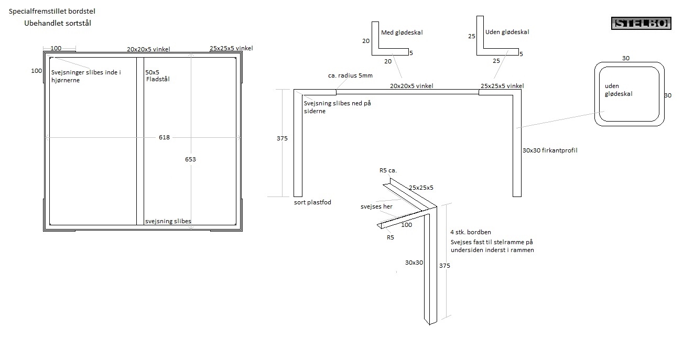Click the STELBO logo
coord(641,24)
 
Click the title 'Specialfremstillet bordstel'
coord(52,11)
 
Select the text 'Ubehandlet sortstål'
coord(58,23)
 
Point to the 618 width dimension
coord(164,137)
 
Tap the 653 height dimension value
coord(190,159)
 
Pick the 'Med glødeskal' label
coord(402,32)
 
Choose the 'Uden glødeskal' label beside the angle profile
coord(507,32)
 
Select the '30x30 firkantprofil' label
coord(550,150)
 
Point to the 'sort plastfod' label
coord(312,202)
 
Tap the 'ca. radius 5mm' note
coord(350,75)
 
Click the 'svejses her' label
coord(376,206)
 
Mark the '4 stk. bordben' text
coord(470,232)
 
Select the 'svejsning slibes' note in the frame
coord(168,221)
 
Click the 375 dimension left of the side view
coord(282,138)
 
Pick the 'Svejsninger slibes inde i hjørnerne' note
coord(86,77)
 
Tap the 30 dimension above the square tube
coord(625,58)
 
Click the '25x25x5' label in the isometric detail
coord(421,187)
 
